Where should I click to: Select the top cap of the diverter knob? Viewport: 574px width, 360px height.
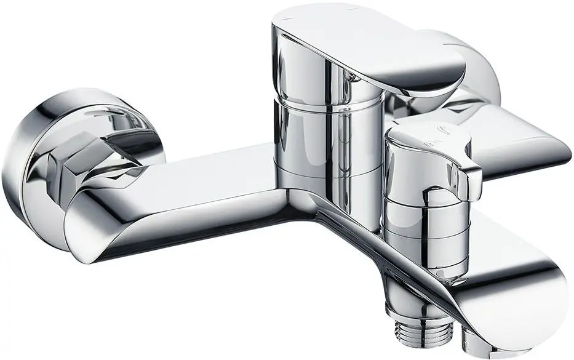425,132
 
